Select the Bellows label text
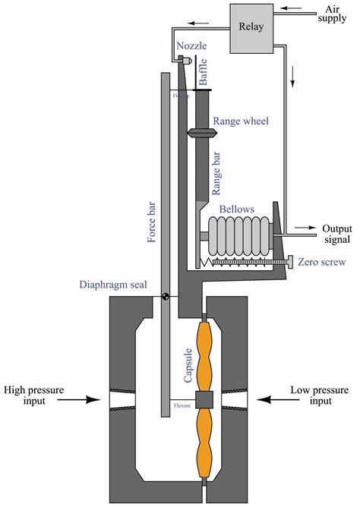[236, 207]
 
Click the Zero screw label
[322, 262]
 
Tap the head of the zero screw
[290, 263]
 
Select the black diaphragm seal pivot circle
[164, 297]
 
